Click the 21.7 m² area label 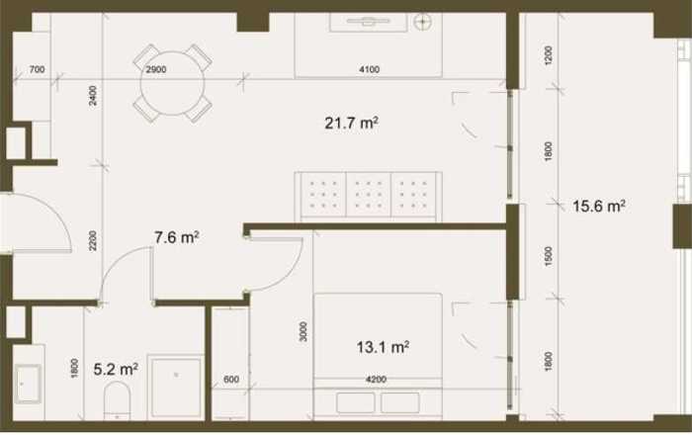coord(351,123)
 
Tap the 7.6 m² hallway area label coord(177,237)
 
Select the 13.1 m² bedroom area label coord(383,347)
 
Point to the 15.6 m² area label coord(599,206)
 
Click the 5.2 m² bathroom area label coord(116,369)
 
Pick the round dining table coord(173,83)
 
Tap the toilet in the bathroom coord(118,400)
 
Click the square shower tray coord(176,388)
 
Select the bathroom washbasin coord(29,384)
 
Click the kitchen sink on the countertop coord(368,22)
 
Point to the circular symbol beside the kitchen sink coord(423,21)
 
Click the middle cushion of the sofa coord(369,195)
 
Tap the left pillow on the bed coord(355,402)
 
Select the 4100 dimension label coord(370,69)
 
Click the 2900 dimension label coord(156,69)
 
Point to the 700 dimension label coord(37,69)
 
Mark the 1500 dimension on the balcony coord(549,256)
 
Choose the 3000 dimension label coord(303,331)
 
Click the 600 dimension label coord(231,380)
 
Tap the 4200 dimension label coord(376,380)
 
